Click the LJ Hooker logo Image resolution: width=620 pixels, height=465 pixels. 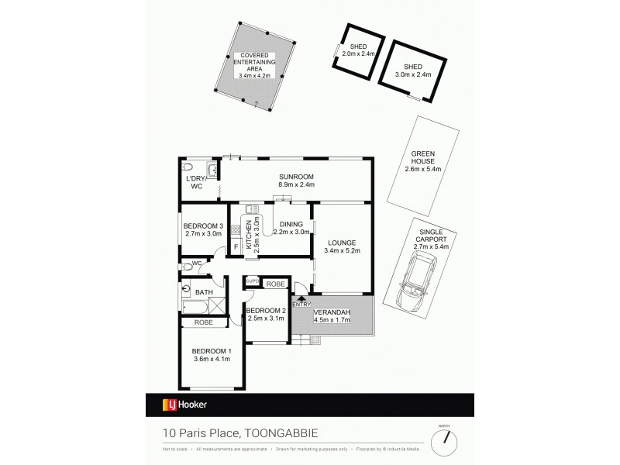coord(184,405)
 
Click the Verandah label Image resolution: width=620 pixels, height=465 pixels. coord(334,312)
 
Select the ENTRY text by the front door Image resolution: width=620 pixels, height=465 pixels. coord(301,304)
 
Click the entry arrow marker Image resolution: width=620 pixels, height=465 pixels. coord(301,298)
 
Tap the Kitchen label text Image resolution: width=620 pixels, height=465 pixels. coord(249,233)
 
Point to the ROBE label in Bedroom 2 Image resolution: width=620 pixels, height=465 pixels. coord(274,284)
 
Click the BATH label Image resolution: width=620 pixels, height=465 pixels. coord(204,292)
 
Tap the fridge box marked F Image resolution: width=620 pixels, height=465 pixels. coord(236,248)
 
